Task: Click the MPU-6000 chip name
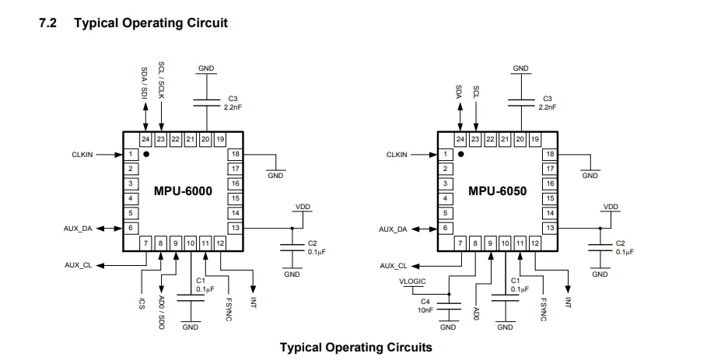click(x=182, y=190)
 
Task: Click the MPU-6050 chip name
click(x=496, y=190)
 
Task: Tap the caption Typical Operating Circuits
click(x=355, y=347)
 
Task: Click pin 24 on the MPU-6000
click(x=145, y=139)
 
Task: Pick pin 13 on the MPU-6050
click(x=550, y=227)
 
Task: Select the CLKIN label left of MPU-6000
click(x=82, y=155)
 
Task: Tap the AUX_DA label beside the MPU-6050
click(x=393, y=229)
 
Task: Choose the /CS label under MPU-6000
click(x=141, y=302)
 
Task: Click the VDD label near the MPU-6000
click(x=303, y=207)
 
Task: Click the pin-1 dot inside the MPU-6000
click(x=146, y=154)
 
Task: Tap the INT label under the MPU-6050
click(x=568, y=302)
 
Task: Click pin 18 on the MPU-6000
click(x=235, y=154)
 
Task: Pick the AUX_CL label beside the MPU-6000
click(x=79, y=265)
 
